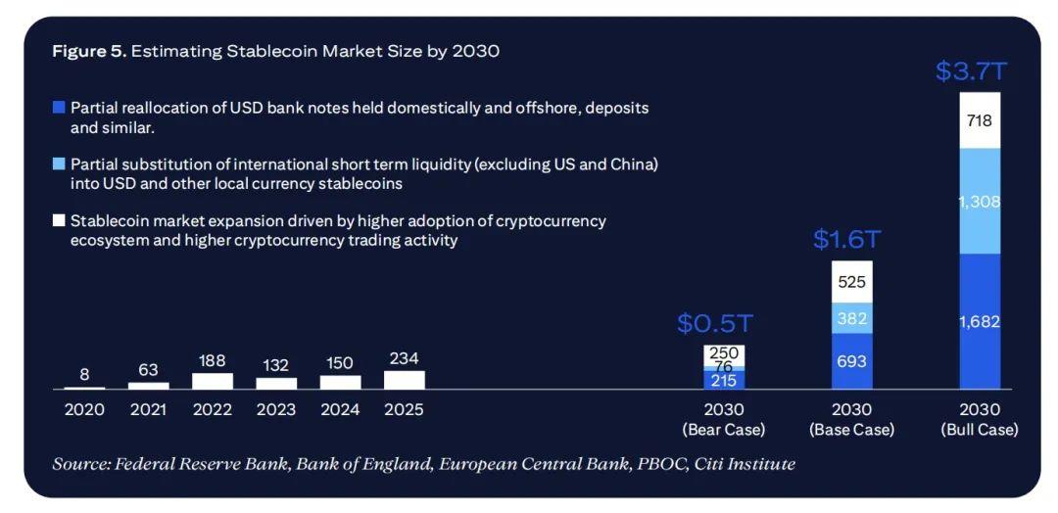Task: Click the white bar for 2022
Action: [x=213, y=381]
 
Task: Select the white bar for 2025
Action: [x=405, y=380]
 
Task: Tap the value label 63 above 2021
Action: [x=148, y=369]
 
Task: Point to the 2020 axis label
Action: [x=84, y=409]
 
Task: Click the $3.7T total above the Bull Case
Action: [x=972, y=71]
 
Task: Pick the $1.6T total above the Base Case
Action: [x=847, y=240]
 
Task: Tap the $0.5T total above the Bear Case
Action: [x=715, y=324]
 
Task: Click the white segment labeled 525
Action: [x=851, y=282]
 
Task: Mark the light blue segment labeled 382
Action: [x=851, y=318]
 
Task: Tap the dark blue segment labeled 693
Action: [x=851, y=361]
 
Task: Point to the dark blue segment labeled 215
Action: [x=724, y=380]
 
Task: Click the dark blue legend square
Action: [x=59, y=108]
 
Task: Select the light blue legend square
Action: [x=59, y=164]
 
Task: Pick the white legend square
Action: [x=59, y=221]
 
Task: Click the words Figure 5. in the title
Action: [x=89, y=51]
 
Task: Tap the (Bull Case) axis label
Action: [x=979, y=429]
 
